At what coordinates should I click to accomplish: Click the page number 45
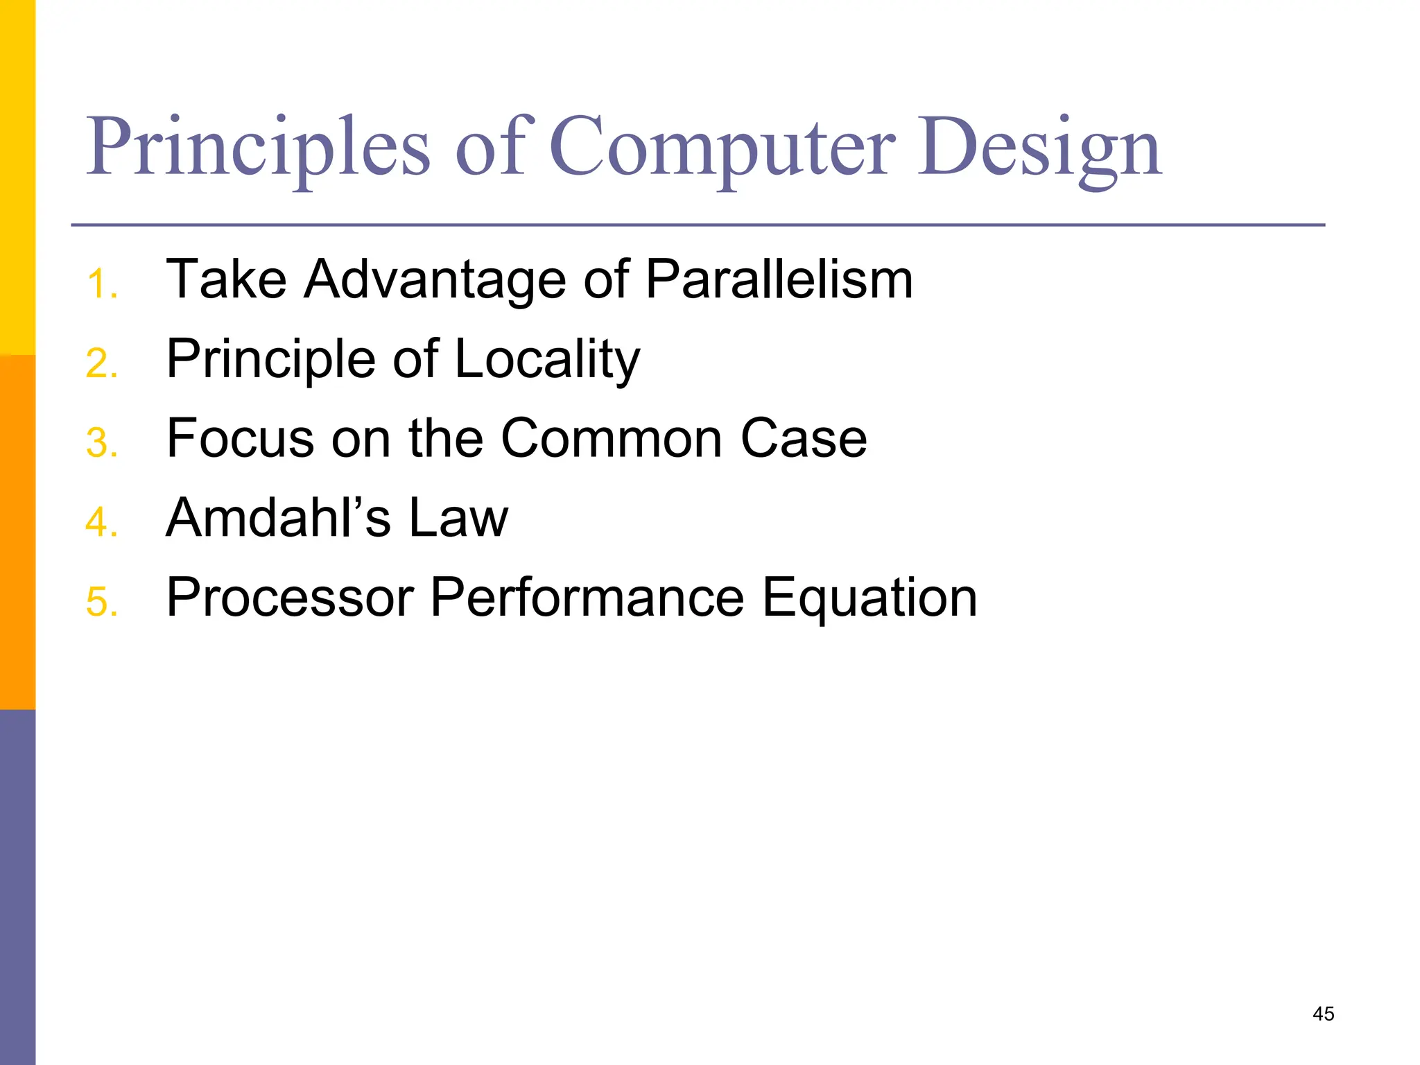[x=1323, y=1014]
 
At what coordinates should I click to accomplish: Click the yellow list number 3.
[x=101, y=443]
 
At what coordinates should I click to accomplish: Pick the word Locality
[x=547, y=360]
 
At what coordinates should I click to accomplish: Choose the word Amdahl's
[x=278, y=518]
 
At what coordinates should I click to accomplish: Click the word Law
[x=458, y=518]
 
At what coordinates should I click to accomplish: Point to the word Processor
[x=291, y=598]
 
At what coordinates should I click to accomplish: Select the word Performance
[x=587, y=598]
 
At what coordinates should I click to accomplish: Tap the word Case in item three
[x=804, y=439]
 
